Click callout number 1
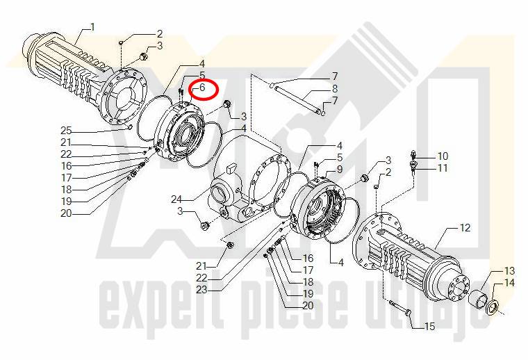(92, 27)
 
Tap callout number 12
(465, 228)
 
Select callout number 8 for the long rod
(334, 88)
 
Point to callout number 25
(66, 131)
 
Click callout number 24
(176, 199)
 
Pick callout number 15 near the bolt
(429, 327)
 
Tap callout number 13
(509, 271)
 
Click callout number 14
(509, 283)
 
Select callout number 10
(443, 156)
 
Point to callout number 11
(443, 167)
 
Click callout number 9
(340, 168)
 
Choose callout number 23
(201, 290)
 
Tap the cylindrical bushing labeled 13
(478, 298)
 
